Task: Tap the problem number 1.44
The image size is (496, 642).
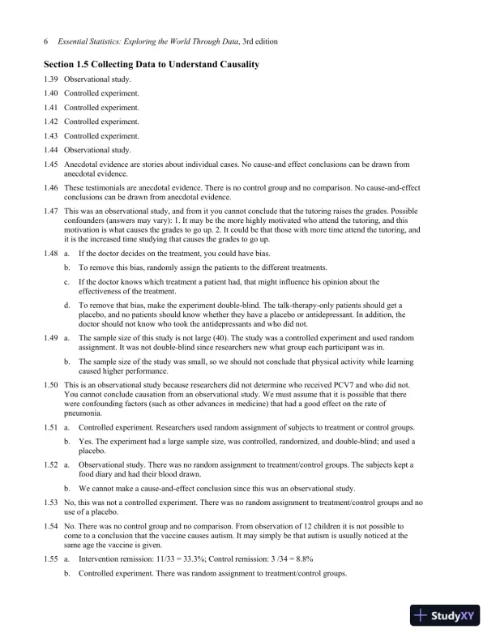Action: point(53,150)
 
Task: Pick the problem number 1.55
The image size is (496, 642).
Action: point(53,559)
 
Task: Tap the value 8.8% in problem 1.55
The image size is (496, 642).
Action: point(301,559)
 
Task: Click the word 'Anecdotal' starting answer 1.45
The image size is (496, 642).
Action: point(82,164)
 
